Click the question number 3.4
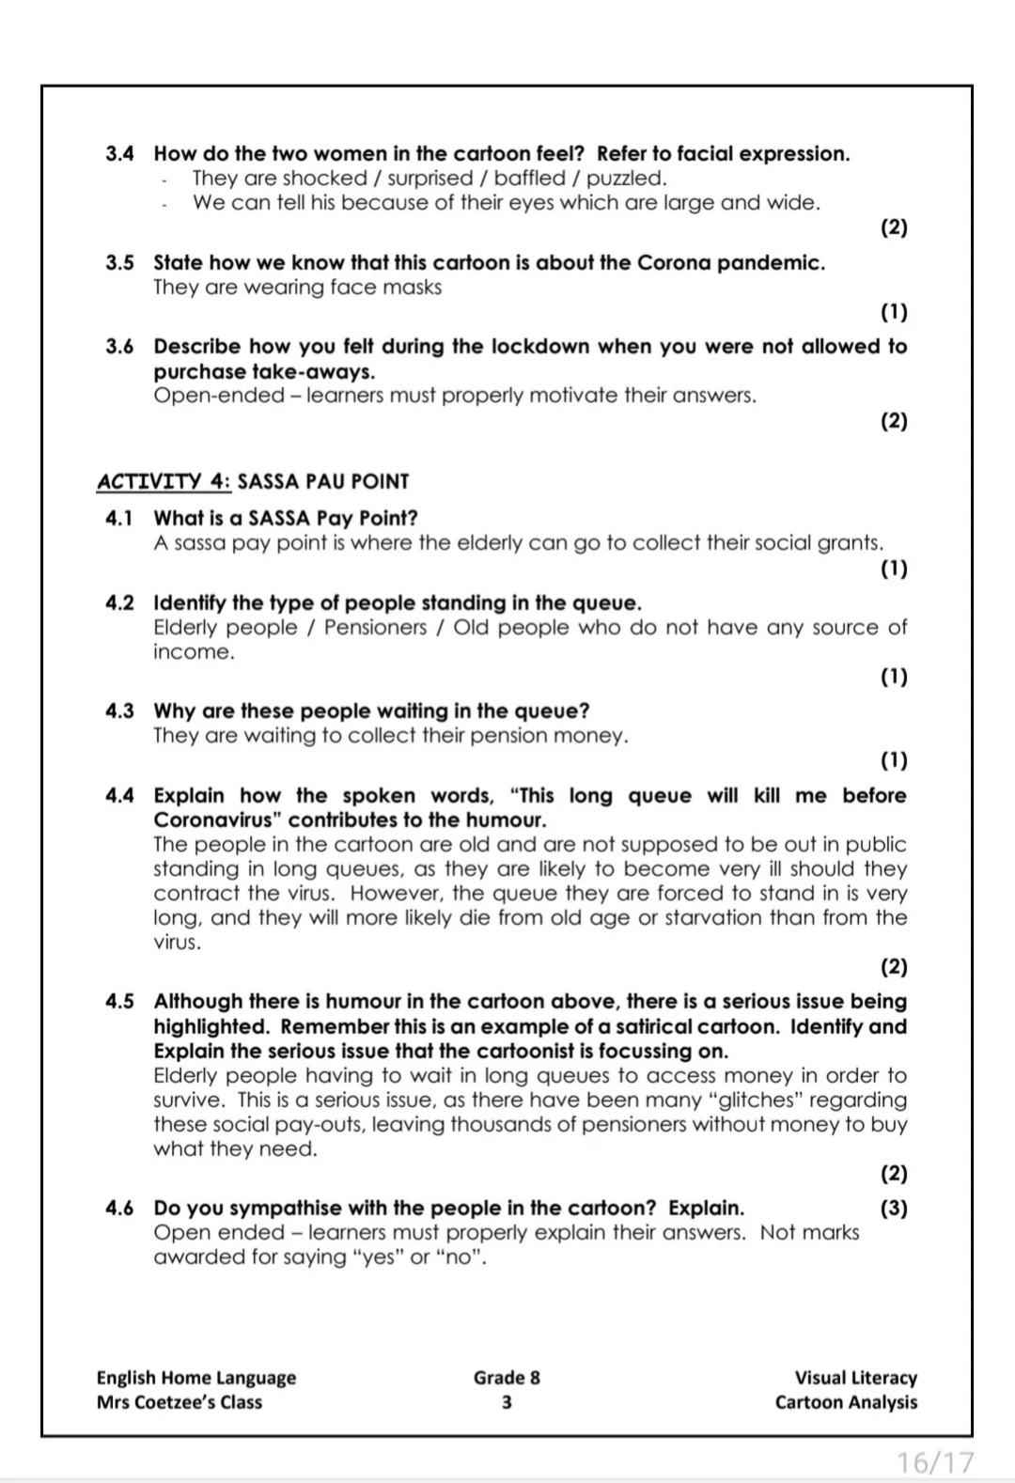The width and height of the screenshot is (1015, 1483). (119, 153)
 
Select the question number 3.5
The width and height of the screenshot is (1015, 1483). (119, 262)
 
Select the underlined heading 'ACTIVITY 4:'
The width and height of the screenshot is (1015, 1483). (164, 481)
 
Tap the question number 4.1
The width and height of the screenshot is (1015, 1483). (119, 518)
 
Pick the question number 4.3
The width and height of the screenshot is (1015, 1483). (119, 710)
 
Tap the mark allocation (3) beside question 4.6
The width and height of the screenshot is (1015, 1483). (894, 1208)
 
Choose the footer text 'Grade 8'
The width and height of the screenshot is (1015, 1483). (507, 1378)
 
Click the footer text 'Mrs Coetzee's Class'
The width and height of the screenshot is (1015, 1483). (180, 1402)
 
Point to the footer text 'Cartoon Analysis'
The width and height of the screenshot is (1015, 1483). (846, 1402)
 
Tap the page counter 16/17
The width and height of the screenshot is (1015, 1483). (935, 1462)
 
